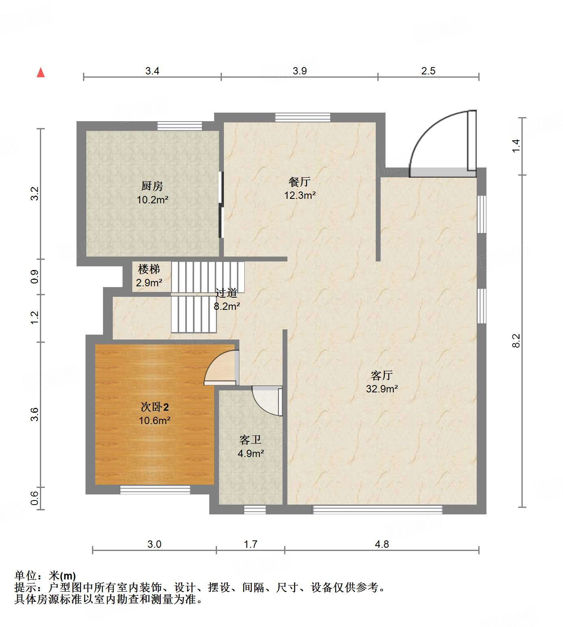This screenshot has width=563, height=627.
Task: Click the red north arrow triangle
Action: point(41,72)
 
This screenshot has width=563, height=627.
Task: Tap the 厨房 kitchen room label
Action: point(152,186)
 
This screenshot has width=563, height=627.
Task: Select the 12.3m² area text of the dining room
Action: point(300,196)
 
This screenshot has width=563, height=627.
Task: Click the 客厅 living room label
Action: point(381,375)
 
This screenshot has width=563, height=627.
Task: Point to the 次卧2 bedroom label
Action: point(154,407)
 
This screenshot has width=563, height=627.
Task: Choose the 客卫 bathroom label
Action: point(250,440)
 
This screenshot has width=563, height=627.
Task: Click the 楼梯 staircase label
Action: point(149,269)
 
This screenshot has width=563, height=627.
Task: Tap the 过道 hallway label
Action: point(226,293)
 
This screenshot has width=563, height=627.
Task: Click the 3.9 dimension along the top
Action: point(300,71)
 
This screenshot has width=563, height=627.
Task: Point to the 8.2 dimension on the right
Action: point(516,340)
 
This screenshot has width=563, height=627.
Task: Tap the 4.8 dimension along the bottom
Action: point(382,544)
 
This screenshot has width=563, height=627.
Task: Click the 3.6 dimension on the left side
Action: point(35,414)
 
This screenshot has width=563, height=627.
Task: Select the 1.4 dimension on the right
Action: point(516,146)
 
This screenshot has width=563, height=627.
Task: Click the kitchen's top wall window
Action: point(180,126)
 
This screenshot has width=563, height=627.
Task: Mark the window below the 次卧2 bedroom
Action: point(155,490)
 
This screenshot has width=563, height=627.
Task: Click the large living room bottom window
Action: point(377,509)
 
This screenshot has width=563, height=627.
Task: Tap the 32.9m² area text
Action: point(381,389)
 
